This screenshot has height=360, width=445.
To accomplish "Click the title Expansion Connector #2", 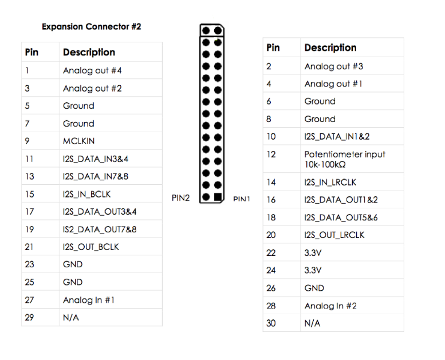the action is pos(92,27).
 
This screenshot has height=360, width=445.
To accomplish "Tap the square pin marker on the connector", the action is pos(218,196).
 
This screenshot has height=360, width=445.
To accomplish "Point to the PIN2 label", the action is pos(180,197).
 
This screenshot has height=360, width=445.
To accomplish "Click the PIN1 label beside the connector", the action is pos(242,199).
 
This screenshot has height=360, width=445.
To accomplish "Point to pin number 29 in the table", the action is pos(29,317).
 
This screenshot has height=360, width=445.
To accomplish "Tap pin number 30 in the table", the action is pos(271,323).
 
